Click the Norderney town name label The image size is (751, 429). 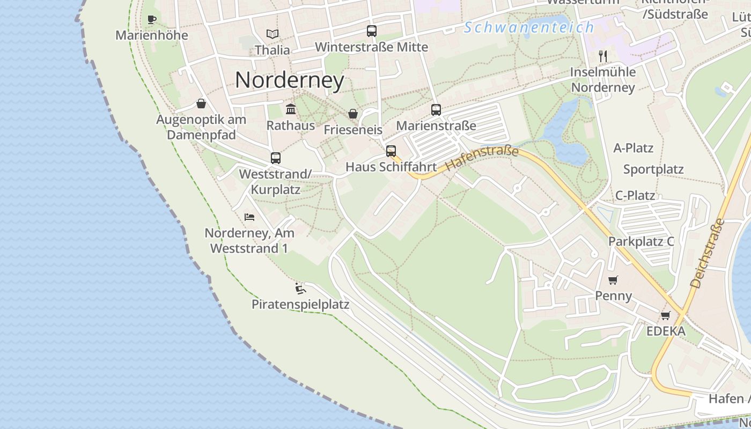(290, 80)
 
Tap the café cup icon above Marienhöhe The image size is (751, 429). (152, 20)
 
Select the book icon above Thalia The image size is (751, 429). (273, 34)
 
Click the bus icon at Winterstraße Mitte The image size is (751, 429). (372, 31)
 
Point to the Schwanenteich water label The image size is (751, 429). (529, 27)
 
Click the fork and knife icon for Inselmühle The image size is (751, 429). (603, 56)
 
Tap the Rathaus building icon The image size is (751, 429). (291, 109)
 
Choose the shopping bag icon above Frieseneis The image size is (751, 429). (353, 114)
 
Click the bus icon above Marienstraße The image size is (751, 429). (436, 110)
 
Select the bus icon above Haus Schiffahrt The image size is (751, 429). (391, 151)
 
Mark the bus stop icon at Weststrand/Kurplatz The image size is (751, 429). (276, 158)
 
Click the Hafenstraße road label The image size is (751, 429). (482, 159)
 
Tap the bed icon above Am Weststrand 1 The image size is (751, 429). (249, 217)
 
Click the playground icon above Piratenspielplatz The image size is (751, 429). (300, 289)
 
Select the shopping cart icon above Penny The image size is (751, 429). (613, 280)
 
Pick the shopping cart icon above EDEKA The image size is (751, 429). (666, 315)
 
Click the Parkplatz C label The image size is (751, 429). (641, 241)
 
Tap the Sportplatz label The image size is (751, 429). (653, 169)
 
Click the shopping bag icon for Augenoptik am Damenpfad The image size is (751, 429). (201, 103)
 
